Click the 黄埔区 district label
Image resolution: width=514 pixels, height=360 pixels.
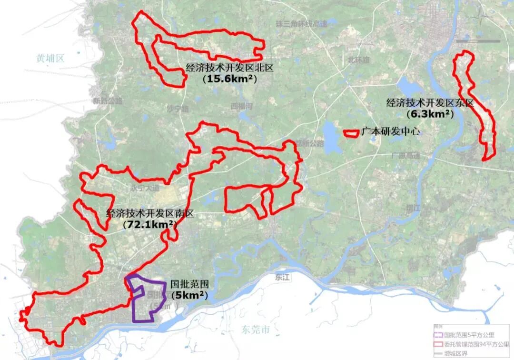pyautogui.click(x=50, y=58)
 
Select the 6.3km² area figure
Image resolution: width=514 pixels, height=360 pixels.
pyautogui.click(x=430, y=114)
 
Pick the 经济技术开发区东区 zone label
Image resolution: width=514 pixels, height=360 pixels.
pyautogui.click(x=431, y=103)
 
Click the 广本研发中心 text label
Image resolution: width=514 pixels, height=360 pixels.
pyautogui.click(x=390, y=132)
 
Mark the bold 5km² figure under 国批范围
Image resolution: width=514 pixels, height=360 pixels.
pyautogui.click(x=190, y=295)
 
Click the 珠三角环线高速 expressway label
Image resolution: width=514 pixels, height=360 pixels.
pyautogui.click(x=302, y=23)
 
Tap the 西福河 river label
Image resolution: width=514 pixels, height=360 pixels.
pyautogui.click(x=241, y=105)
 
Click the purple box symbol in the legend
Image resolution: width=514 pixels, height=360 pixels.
pyautogui.click(x=438, y=335)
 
